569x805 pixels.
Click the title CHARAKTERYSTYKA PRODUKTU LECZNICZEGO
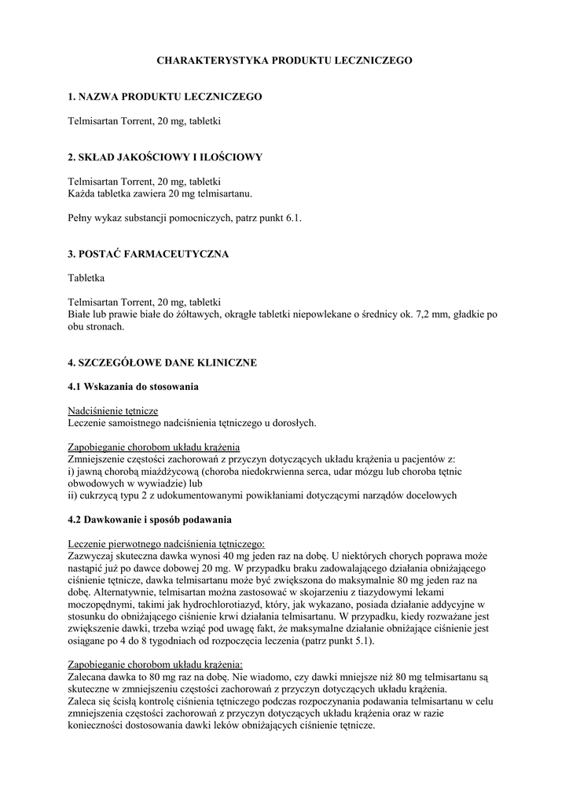[284, 60]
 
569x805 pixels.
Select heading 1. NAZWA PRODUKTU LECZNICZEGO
[165, 97]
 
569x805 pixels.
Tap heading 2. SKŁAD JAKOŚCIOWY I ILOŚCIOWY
[165, 157]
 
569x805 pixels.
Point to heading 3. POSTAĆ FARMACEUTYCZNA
[149, 255]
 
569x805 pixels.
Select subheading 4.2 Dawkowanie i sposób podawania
[149, 520]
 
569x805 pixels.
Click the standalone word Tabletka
[86, 278]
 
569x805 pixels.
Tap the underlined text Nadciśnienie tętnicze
[113, 411]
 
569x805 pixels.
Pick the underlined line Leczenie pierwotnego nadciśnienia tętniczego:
[167, 544]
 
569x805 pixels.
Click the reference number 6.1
[294, 218]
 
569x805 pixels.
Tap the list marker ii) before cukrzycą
[73, 495]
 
